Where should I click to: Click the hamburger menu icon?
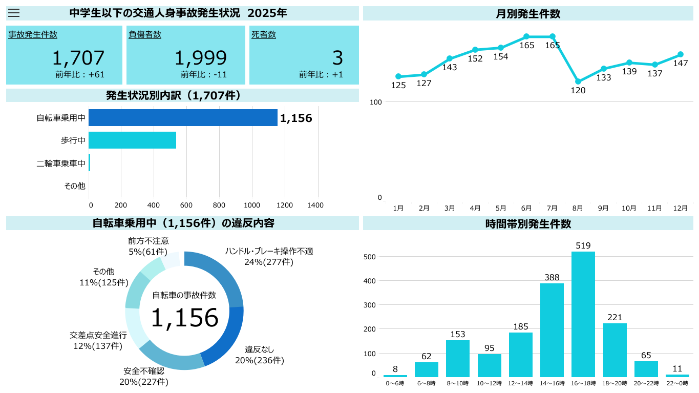coord(14,13)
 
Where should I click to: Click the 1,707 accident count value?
coord(78,58)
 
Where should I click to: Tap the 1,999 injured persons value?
coord(200,58)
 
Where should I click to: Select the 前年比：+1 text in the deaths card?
coord(321,75)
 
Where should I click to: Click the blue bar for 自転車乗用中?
coord(183,117)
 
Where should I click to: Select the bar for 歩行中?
coord(132,140)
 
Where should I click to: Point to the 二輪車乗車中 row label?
coord(61,163)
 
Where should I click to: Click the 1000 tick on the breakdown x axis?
coord(252,205)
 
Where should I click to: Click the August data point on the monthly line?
coord(578,81)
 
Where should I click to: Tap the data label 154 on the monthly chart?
coord(500,57)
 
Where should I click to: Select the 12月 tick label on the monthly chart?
coord(680,208)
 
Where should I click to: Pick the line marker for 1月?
coord(398,76)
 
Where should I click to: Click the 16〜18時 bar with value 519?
coord(583,314)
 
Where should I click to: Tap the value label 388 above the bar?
coord(552,277)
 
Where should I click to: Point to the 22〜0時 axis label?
coord(677,383)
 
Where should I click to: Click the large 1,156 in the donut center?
coord(184,318)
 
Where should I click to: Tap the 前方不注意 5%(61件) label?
coord(148,246)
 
